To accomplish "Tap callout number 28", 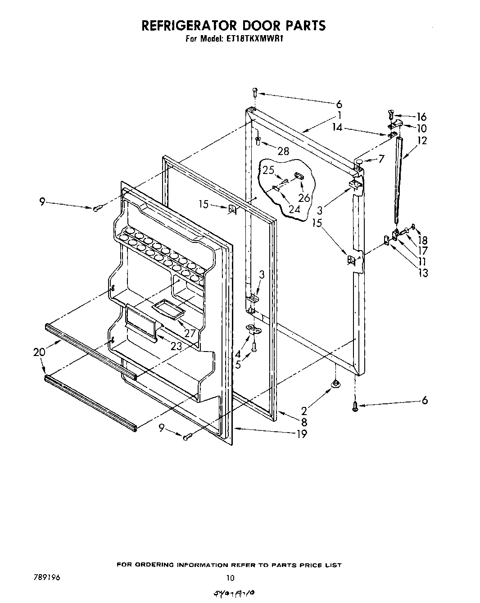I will coord(283,151).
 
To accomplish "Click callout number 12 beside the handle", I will coord(422,140).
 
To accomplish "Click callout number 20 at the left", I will coord(39,352).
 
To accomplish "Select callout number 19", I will coord(301,434).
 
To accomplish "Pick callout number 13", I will coord(423,272).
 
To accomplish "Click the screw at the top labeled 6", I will coord(254,92).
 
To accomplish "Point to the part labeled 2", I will coord(335,384).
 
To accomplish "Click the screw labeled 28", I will coord(258,141).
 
